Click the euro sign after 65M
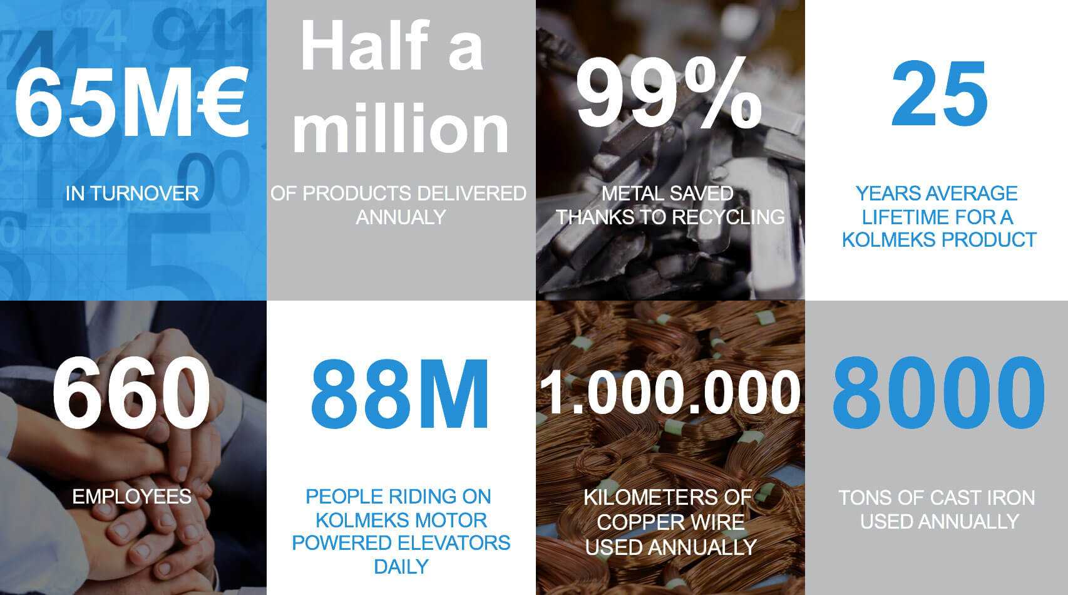(x=222, y=101)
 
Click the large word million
(x=401, y=128)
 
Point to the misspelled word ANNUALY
(x=401, y=217)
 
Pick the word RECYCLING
(x=728, y=217)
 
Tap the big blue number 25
(x=939, y=93)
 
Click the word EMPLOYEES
(x=131, y=497)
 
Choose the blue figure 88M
(x=399, y=394)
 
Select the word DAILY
(x=401, y=567)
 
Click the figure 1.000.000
(x=670, y=393)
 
